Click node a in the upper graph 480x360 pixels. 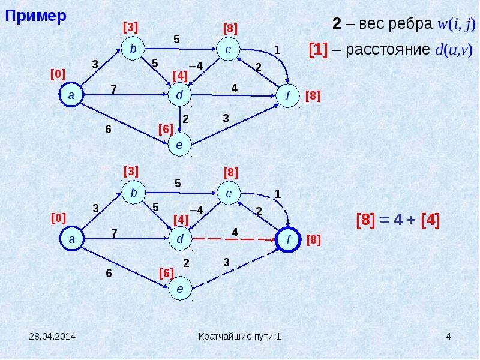click(x=71, y=95)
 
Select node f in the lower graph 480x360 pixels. click(x=289, y=239)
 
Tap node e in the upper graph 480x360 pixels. click(x=179, y=145)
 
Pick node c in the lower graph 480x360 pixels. click(x=229, y=193)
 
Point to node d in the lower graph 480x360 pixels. click(x=179, y=239)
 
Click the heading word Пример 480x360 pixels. click(x=36, y=16)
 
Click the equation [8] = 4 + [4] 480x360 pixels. click(x=398, y=220)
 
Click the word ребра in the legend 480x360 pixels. click(x=407, y=24)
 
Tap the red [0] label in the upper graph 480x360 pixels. click(x=58, y=74)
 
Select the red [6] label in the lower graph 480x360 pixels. click(x=166, y=273)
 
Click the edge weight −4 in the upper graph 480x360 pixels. click(x=196, y=65)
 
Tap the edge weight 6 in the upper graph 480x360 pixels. click(x=109, y=128)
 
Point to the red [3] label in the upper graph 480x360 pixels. click(x=131, y=27)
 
